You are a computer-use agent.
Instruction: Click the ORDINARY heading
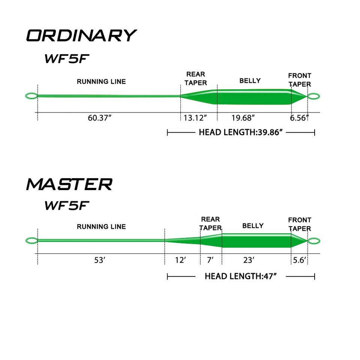pyautogui.click(x=81, y=36)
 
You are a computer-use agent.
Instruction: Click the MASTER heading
pyautogui.click(x=69, y=184)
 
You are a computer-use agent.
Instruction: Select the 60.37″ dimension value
pyautogui.click(x=100, y=118)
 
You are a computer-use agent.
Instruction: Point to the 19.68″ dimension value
pyautogui.click(x=243, y=118)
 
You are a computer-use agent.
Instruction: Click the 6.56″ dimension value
pyautogui.click(x=299, y=118)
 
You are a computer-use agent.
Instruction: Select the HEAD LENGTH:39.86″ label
pyautogui.click(x=240, y=132)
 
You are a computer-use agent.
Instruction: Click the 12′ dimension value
pyautogui.click(x=180, y=260)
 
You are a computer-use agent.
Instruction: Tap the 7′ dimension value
pyautogui.click(x=210, y=260)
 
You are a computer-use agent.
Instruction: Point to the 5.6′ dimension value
pyautogui.click(x=300, y=260)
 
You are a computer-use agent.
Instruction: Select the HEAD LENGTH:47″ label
pyautogui.click(x=240, y=277)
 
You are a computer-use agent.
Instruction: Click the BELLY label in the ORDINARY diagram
pyautogui.click(x=250, y=81)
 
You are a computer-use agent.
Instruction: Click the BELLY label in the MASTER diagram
pyautogui.click(x=253, y=226)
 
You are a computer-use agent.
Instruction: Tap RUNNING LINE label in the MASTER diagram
pyautogui.click(x=101, y=226)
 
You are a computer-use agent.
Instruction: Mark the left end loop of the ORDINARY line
pyautogui.click(x=31, y=96)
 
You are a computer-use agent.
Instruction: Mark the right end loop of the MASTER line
pyautogui.click(x=313, y=241)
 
